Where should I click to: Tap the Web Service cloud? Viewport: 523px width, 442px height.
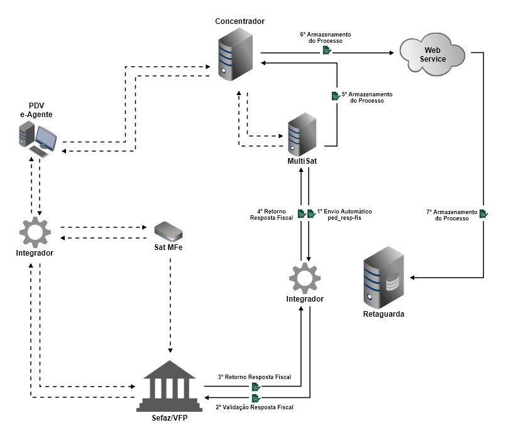pyautogui.click(x=433, y=54)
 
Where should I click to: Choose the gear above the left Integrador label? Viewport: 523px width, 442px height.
pyautogui.click(x=35, y=231)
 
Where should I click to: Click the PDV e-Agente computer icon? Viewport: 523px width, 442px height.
pyautogui.click(x=40, y=139)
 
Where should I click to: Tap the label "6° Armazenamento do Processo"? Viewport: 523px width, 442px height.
pyautogui.click(x=325, y=37)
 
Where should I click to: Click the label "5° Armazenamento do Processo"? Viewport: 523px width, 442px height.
pyautogui.click(x=367, y=97)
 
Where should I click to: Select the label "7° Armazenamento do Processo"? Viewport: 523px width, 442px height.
pyautogui.click(x=451, y=215)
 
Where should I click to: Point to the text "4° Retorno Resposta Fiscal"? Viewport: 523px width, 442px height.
pyautogui.click(x=272, y=214)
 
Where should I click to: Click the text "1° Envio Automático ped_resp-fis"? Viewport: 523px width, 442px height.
pyautogui.click(x=344, y=214)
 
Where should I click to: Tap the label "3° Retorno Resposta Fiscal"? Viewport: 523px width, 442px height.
pyautogui.click(x=255, y=377)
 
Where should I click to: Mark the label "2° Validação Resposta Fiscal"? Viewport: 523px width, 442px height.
pyautogui.click(x=255, y=407)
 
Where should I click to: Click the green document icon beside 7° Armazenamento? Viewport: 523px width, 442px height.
pyautogui.click(x=484, y=214)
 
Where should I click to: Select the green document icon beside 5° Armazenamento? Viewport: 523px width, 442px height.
pyautogui.click(x=335, y=96)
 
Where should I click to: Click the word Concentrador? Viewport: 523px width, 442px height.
pyautogui.click(x=239, y=21)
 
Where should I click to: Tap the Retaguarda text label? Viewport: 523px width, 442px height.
pyautogui.click(x=383, y=314)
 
